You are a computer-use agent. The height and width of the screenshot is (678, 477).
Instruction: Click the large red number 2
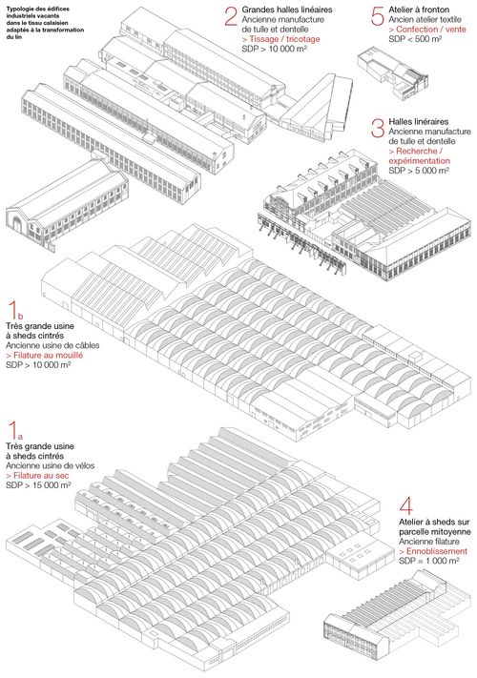pos(232,17)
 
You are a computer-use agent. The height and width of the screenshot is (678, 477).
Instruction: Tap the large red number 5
pos(378,17)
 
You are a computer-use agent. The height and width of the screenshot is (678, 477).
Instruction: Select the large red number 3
pos(378,129)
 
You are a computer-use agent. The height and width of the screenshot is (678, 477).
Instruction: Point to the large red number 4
pos(406,506)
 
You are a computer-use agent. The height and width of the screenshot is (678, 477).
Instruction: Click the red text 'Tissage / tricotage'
pos(280,39)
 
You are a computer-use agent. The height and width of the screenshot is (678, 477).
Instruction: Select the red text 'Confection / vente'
pos(427,30)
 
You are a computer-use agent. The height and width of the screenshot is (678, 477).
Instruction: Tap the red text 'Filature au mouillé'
pos(44,355)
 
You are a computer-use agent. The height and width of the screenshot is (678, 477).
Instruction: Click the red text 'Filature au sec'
pos(37,476)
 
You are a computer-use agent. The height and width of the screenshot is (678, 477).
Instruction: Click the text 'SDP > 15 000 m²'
pos(38,485)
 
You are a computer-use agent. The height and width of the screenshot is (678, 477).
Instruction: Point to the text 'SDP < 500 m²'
pos(414,39)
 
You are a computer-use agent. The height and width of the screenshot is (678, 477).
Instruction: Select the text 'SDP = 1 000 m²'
pos(429,561)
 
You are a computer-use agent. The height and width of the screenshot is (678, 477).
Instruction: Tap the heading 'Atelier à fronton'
pos(419,10)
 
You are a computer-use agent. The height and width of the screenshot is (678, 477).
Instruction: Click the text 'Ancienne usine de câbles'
pos(52,345)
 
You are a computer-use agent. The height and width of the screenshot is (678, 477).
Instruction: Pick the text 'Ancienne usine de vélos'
pos(51,465)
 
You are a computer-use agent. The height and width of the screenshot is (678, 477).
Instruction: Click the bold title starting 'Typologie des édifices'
pos(45,23)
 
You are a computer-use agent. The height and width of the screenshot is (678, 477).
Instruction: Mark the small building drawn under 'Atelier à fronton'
pos(393,74)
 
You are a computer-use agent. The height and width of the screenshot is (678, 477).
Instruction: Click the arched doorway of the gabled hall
pos(17,224)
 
